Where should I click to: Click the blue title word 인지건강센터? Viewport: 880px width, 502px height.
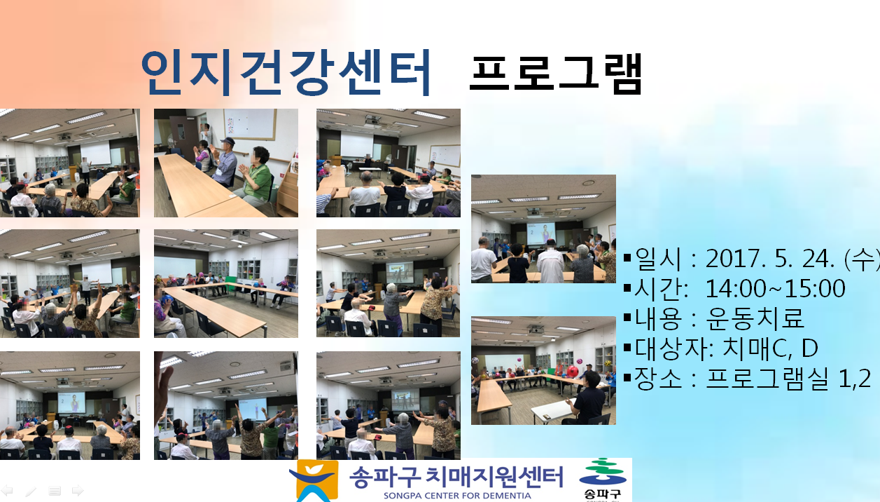[x=286, y=73]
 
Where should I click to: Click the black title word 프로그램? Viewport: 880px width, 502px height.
[x=555, y=74]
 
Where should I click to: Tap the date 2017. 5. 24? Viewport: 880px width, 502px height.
[x=770, y=259]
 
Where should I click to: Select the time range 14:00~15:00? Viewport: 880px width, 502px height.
[x=776, y=288]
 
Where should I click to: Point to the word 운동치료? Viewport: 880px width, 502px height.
[x=755, y=318]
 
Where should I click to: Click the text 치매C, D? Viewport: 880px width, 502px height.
[x=770, y=348]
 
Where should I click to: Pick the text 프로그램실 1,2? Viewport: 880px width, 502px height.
[x=788, y=378]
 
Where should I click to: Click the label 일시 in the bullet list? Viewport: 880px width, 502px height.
[x=657, y=259]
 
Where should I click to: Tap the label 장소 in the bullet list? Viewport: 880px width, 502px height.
[x=657, y=378]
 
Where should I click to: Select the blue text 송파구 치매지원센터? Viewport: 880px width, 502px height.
[x=456, y=477]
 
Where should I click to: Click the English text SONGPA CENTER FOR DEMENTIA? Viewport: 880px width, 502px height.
[x=457, y=496]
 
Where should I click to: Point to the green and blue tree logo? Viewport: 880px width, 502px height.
[x=603, y=472]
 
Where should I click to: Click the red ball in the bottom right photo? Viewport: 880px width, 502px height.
[x=573, y=371]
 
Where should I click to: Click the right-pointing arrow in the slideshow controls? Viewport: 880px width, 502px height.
[x=78, y=491]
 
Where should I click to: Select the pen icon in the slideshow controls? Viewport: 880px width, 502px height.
[x=31, y=491]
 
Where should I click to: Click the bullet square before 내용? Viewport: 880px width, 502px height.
[x=627, y=318]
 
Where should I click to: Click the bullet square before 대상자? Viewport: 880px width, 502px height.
[x=627, y=347]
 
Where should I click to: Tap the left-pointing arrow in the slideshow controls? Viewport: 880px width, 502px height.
[x=7, y=491]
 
